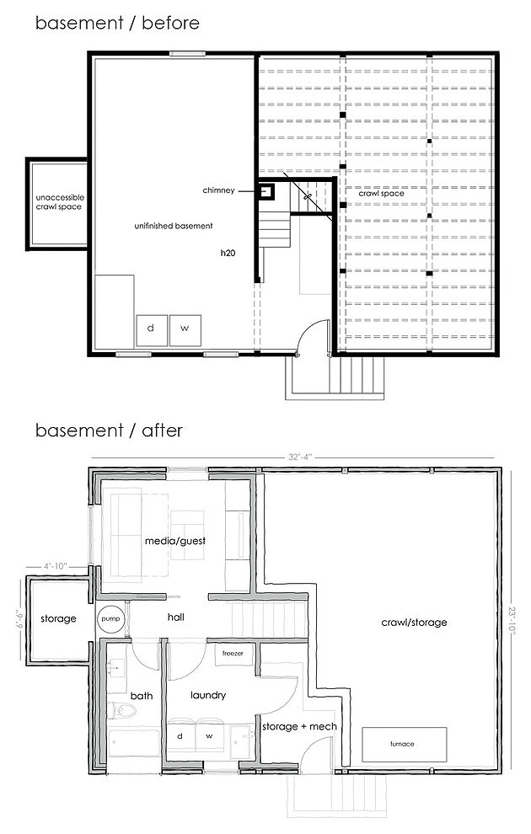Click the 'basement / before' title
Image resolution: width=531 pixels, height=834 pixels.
(x=118, y=23)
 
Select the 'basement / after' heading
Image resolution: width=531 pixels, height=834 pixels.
(x=109, y=430)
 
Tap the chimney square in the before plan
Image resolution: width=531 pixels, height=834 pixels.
(x=267, y=191)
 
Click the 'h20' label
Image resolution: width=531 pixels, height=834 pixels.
(x=228, y=254)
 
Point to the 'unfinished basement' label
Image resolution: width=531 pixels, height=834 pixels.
(x=174, y=226)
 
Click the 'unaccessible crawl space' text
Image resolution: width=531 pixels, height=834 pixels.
(x=60, y=202)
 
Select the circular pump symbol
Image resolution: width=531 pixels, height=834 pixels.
(x=111, y=618)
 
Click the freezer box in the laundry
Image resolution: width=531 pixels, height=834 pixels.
(x=233, y=654)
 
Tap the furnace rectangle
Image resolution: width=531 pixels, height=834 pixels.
(x=405, y=744)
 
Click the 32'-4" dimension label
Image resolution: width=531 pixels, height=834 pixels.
(x=300, y=457)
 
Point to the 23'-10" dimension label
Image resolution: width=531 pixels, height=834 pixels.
(x=512, y=620)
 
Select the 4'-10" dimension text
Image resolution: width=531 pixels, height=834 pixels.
(x=55, y=566)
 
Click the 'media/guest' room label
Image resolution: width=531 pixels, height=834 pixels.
(x=175, y=541)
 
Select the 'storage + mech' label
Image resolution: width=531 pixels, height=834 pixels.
(x=299, y=726)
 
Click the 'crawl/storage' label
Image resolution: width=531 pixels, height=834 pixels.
(x=414, y=623)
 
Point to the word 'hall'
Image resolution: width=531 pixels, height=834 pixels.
(x=175, y=617)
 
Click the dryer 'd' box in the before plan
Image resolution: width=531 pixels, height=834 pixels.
(x=153, y=330)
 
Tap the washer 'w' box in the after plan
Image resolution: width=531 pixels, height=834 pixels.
(x=210, y=736)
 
